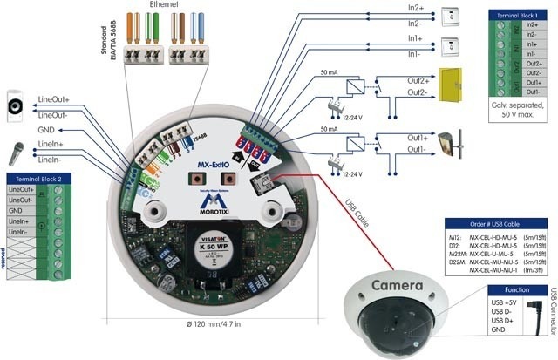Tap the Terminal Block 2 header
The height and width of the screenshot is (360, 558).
pyautogui.click(x=37, y=177)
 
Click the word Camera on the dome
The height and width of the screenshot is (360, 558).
pyautogui.click(x=397, y=285)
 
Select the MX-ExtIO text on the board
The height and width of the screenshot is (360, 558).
pyautogui.click(x=213, y=163)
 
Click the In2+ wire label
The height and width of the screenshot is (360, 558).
pyautogui.click(x=419, y=8)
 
